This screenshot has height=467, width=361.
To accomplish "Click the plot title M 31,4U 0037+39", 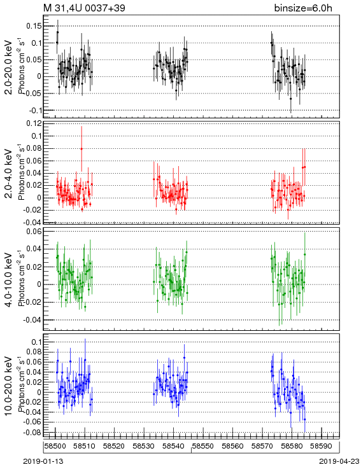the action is (x=85, y=8).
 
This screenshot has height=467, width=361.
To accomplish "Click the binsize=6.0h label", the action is (x=303, y=8).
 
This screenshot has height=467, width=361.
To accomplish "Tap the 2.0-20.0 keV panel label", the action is (x=9, y=67).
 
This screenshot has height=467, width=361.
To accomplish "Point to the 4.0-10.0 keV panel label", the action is (x=9, y=280).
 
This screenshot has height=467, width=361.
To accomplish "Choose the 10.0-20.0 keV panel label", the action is (x=9, y=386).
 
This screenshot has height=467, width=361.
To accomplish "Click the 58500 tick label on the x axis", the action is (x=55, y=446).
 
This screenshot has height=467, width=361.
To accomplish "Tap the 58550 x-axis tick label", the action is (x=202, y=446).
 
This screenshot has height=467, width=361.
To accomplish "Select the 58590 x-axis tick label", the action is (x=321, y=446).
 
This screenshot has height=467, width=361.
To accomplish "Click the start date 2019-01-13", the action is (x=43, y=461).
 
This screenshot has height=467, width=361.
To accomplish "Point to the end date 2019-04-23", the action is (x=339, y=461).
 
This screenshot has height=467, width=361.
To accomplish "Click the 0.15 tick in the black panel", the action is (x=34, y=26).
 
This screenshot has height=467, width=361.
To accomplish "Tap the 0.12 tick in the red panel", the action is (x=34, y=123).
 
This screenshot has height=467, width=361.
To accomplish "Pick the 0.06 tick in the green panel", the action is (x=34, y=231).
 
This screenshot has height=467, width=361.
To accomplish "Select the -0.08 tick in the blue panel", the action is (x=32, y=432).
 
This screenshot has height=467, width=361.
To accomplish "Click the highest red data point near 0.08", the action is (x=81, y=149).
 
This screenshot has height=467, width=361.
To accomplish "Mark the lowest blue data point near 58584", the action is (x=305, y=419).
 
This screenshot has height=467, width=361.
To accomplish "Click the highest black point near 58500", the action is (x=57, y=32).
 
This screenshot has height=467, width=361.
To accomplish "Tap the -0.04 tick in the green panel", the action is (x=32, y=320).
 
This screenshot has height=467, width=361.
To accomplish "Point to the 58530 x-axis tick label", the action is (x=144, y=446).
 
